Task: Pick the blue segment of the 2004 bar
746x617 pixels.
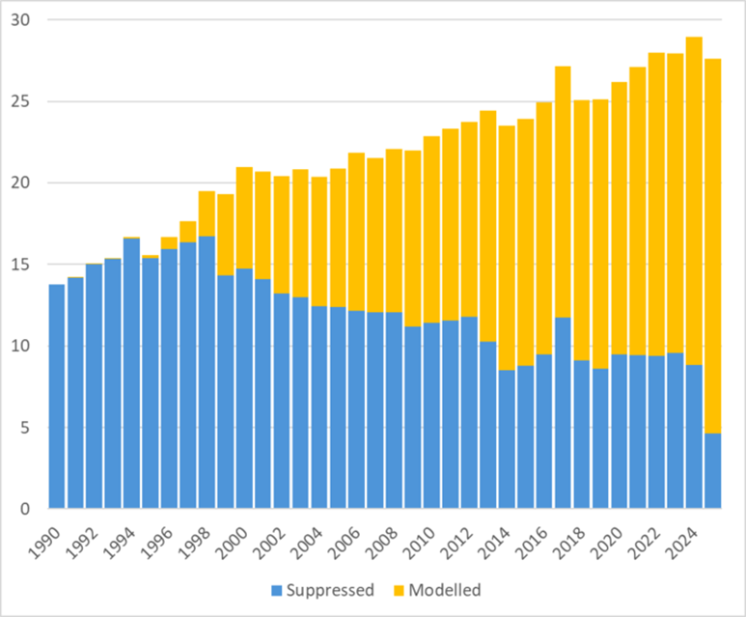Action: [318, 407]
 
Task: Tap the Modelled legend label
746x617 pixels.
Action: [447, 589]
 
